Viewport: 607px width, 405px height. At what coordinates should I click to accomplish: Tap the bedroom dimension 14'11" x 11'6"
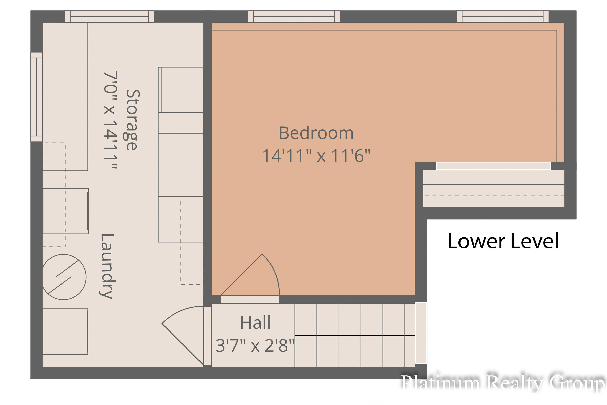pyautogui.click(x=316, y=156)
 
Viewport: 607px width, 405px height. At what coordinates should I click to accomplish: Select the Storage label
pyautogui.click(x=133, y=120)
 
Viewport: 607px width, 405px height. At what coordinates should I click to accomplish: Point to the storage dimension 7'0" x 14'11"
pyautogui.click(x=110, y=120)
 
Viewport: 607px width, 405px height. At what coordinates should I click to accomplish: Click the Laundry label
pyautogui.click(x=106, y=266)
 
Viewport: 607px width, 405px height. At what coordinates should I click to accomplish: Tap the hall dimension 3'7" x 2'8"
pyautogui.click(x=255, y=346)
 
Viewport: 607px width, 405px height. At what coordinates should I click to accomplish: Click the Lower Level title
pyautogui.click(x=503, y=241)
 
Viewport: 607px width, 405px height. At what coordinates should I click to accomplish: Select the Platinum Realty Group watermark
pyautogui.click(x=503, y=383)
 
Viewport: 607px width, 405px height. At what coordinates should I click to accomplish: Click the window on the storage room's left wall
pyautogui.click(x=37, y=97)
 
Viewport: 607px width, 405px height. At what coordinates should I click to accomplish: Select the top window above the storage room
pyautogui.click(x=109, y=17)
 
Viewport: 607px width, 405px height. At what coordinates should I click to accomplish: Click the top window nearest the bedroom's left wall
pyautogui.click(x=294, y=17)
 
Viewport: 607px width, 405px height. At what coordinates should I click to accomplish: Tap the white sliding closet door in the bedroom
pyautogui.click(x=493, y=166)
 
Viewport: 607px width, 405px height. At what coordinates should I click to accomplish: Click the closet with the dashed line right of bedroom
pyautogui.click(x=493, y=188)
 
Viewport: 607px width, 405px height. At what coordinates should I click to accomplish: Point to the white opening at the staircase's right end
pyautogui.click(x=421, y=333)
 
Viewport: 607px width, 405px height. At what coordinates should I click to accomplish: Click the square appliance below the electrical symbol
pyautogui.click(x=65, y=331)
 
